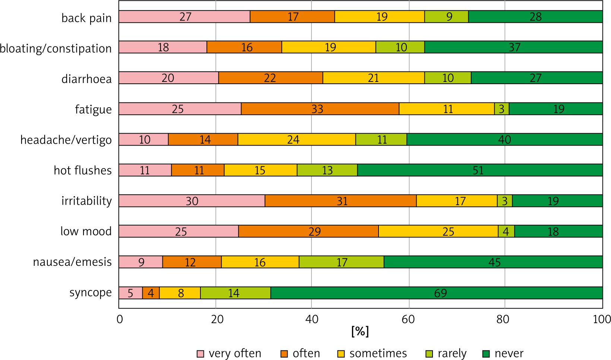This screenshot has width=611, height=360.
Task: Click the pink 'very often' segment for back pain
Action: (184, 17)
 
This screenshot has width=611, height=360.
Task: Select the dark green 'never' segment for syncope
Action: (437, 293)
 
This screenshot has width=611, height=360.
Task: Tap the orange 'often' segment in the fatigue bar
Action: (320, 109)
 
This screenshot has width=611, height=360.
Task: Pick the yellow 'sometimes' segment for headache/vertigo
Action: (297, 139)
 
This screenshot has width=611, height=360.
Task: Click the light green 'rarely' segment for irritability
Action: (505, 201)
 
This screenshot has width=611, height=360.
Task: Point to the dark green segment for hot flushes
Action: (480, 170)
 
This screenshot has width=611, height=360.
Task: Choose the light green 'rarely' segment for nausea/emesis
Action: (341, 262)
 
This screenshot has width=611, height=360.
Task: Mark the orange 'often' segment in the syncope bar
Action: (151, 293)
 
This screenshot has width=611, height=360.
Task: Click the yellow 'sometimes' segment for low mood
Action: (438, 231)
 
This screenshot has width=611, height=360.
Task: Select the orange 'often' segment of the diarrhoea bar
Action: (270, 78)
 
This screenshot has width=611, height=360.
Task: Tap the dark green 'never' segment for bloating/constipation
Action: (513, 47)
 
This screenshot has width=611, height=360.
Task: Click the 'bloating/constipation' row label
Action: (56, 48)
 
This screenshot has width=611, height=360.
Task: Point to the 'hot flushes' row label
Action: (83, 170)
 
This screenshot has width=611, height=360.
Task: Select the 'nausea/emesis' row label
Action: (72, 262)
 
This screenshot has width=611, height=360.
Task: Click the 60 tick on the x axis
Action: (408, 319)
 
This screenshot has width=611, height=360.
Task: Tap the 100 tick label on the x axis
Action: (601, 319)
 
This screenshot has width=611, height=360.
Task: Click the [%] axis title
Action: (360, 331)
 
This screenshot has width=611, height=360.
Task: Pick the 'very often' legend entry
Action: (229, 353)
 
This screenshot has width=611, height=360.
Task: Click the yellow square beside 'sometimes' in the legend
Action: (341, 354)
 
